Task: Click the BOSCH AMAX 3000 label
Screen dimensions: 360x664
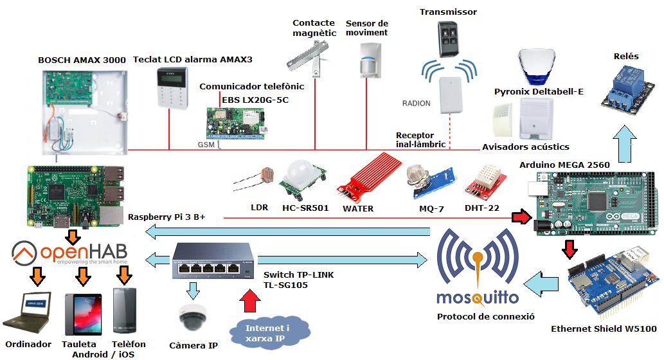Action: pyautogui.click(x=82, y=60)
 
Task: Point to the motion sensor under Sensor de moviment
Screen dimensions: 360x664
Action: pyautogui.click(x=369, y=60)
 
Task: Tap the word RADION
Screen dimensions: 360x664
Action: pyautogui.click(x=417, y=104)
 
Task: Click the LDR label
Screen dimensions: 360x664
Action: pyautogui.click(x=259, y=208)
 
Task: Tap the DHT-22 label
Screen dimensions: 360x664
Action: pyautogui.click(x=481, y=208)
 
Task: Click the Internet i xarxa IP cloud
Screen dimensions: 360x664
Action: pyautogui.click(x=268, y=334)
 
